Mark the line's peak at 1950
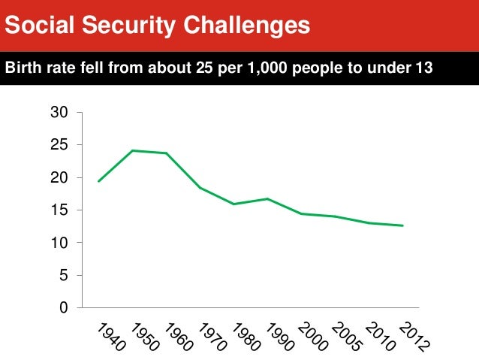click(x=132, y=150)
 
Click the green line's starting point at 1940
click(x=98, y=181)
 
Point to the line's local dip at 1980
click(x=233, y=204)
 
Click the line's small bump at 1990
click(x=267, y=198)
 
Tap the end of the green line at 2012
click(x=403, y=225)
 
